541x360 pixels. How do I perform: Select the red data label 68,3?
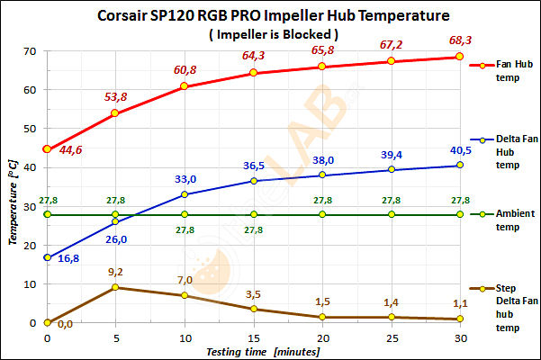pos(459,40)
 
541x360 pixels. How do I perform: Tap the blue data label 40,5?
pos(459,150)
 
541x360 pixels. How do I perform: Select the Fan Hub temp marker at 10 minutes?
pos(185,86)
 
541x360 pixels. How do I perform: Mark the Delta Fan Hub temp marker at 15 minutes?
pos(254,180)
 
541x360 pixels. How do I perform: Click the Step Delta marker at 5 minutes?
pos(115,287)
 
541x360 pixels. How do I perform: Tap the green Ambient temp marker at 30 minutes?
pos(460,214)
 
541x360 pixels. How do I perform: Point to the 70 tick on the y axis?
pos(30,50)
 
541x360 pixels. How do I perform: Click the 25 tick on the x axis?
pos(391,337)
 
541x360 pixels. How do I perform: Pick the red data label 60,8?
pos(185,69)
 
